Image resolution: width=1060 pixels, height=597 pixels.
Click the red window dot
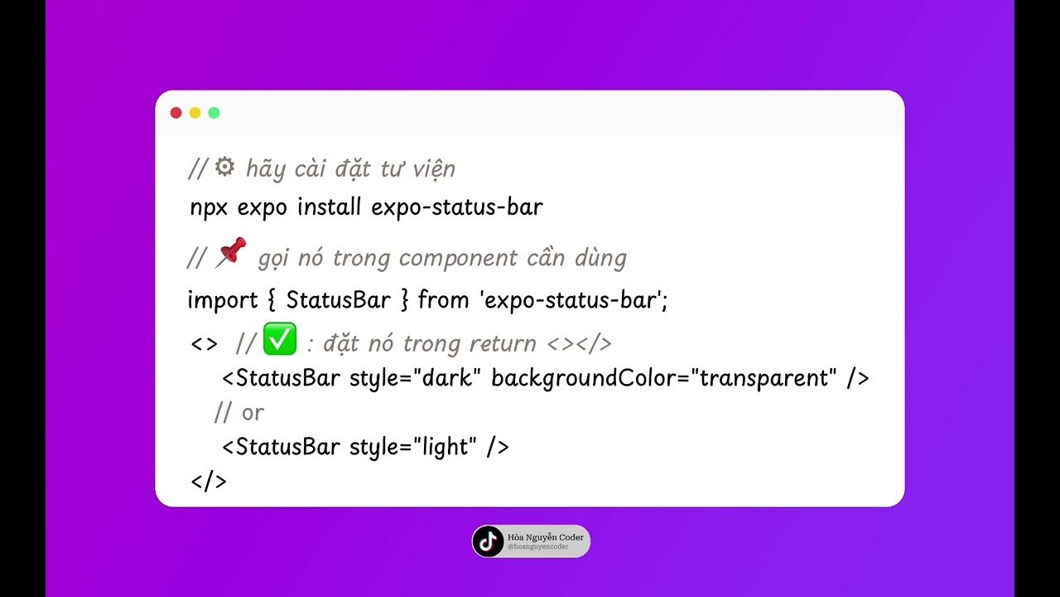[176, 113]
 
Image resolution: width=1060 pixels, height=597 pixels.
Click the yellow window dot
[195, 113]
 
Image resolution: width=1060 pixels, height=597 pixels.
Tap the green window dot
[214, 113]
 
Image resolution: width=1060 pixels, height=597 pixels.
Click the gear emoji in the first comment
[224, 167]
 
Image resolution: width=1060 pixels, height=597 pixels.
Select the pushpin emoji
[230, 252]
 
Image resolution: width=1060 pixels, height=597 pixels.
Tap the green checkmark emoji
[279, 339]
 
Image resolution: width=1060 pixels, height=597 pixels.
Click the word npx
[210, 207]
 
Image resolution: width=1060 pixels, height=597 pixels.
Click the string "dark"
[452, 378]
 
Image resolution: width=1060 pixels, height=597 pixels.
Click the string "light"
[446, 447]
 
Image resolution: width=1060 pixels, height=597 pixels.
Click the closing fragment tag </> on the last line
[208, 481]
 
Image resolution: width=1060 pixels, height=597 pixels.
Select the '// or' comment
[238, 412]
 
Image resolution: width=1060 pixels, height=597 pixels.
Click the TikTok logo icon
[489, 541]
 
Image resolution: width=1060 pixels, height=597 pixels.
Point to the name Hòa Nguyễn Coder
[545, 537]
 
